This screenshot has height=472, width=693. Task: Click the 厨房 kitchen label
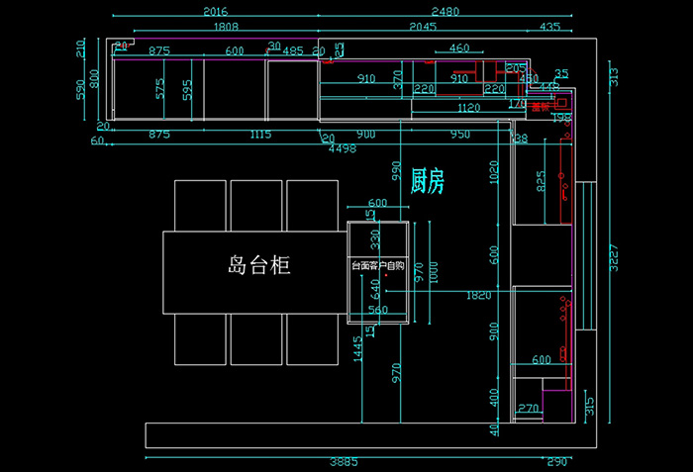point(427,180)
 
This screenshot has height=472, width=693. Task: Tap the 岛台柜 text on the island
point(259,265)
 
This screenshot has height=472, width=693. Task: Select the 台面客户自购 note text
point(377,266)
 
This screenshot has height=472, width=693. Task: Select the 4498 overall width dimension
point(342,148)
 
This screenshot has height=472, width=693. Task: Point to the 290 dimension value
point(556,462)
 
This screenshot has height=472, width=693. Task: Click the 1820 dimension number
point(477,295)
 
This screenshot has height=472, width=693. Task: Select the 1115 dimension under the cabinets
point(260,134)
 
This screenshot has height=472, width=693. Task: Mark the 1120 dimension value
point(468,108)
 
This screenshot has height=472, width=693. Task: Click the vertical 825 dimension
point(541,181)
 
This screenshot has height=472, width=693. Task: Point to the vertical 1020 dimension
point(495,174)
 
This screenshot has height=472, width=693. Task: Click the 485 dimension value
point(293,50)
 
